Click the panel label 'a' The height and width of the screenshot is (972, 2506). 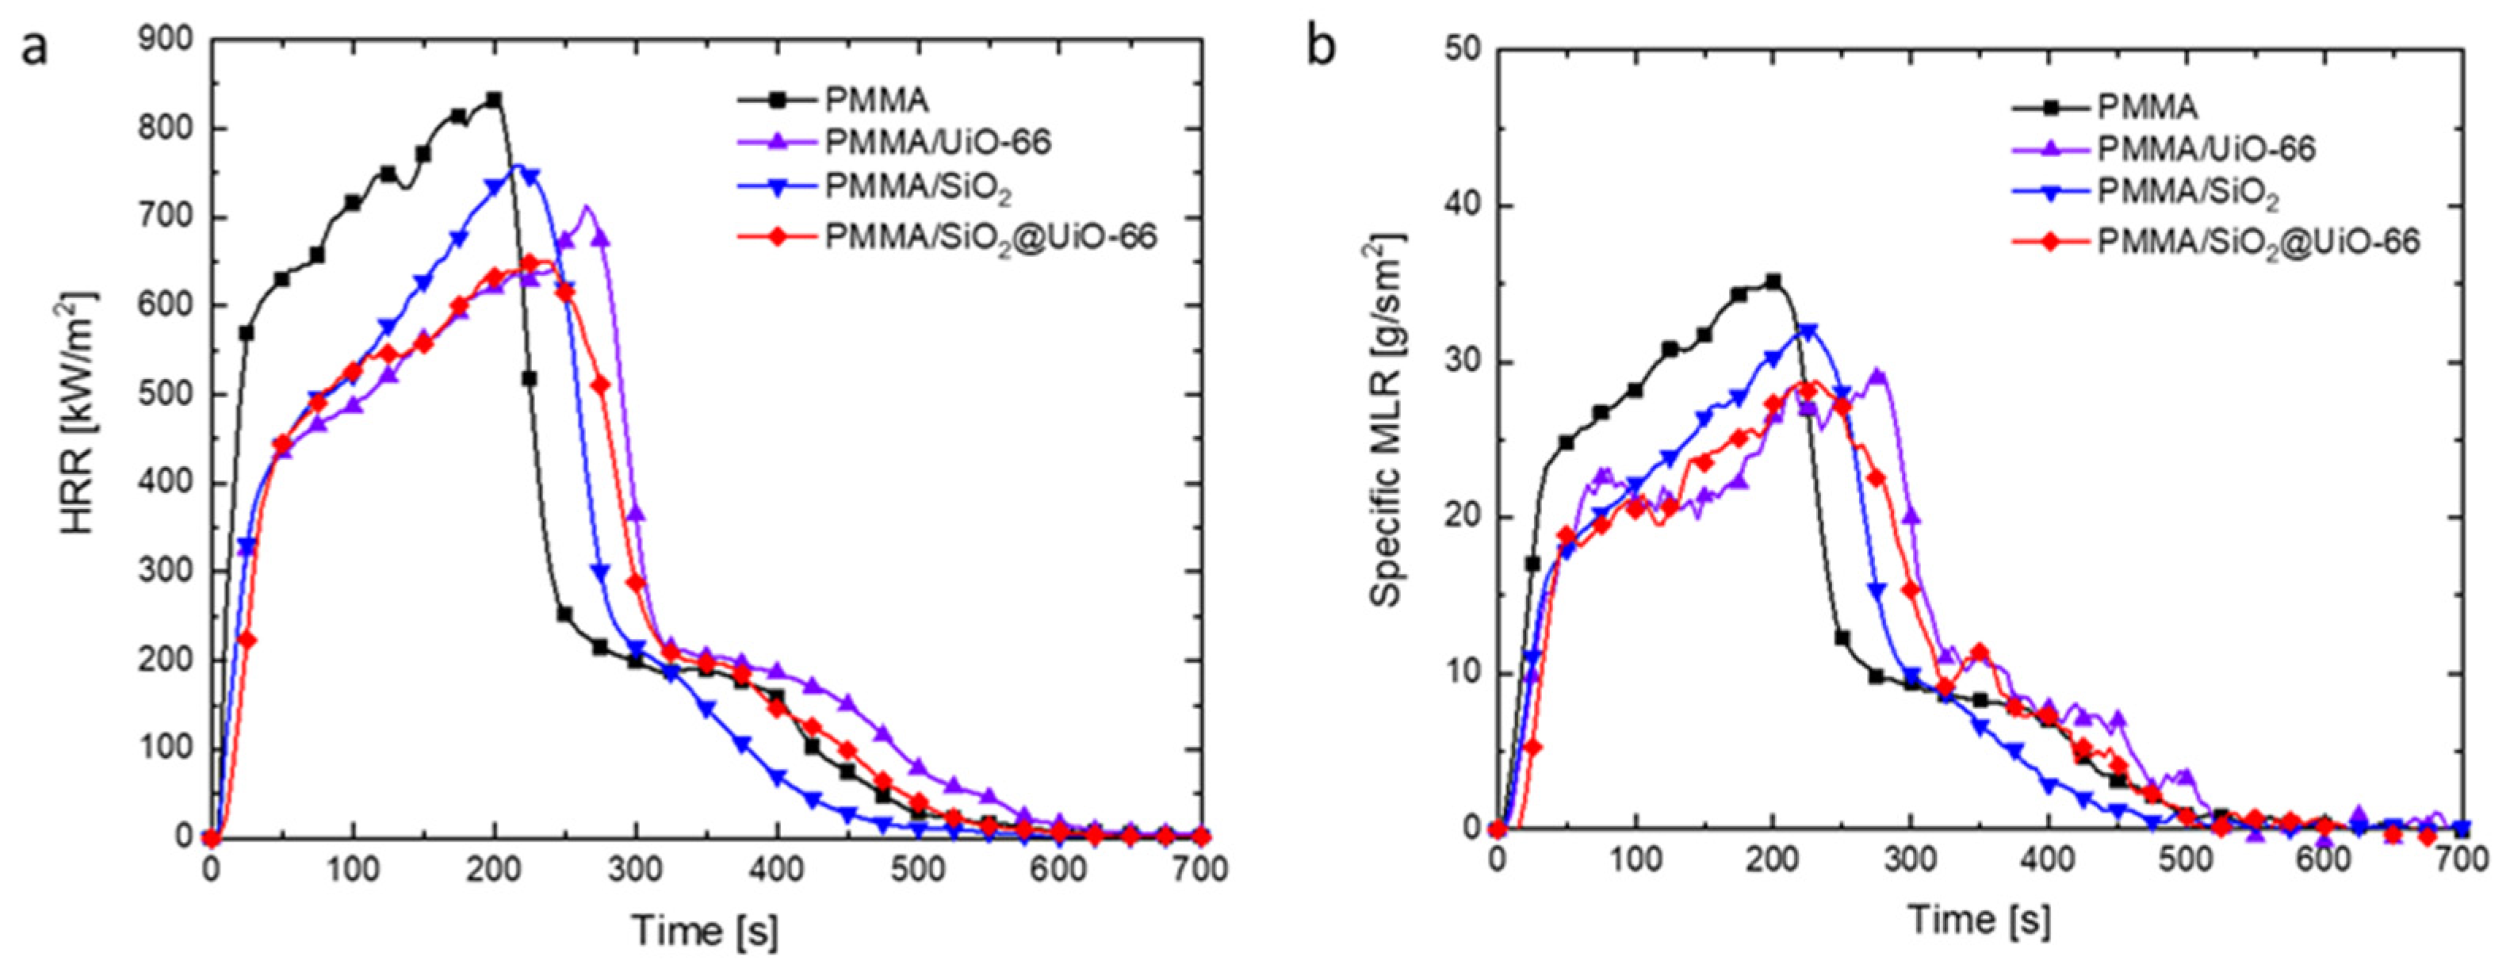[34, 47]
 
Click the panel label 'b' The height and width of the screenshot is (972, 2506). [1320, 47]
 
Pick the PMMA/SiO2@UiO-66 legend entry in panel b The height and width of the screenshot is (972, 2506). [2257, 240]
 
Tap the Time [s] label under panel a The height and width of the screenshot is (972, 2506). [704, 930]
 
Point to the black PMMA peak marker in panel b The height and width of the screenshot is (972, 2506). [1773, 281]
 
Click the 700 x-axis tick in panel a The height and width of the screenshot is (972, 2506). [1200, 868]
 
